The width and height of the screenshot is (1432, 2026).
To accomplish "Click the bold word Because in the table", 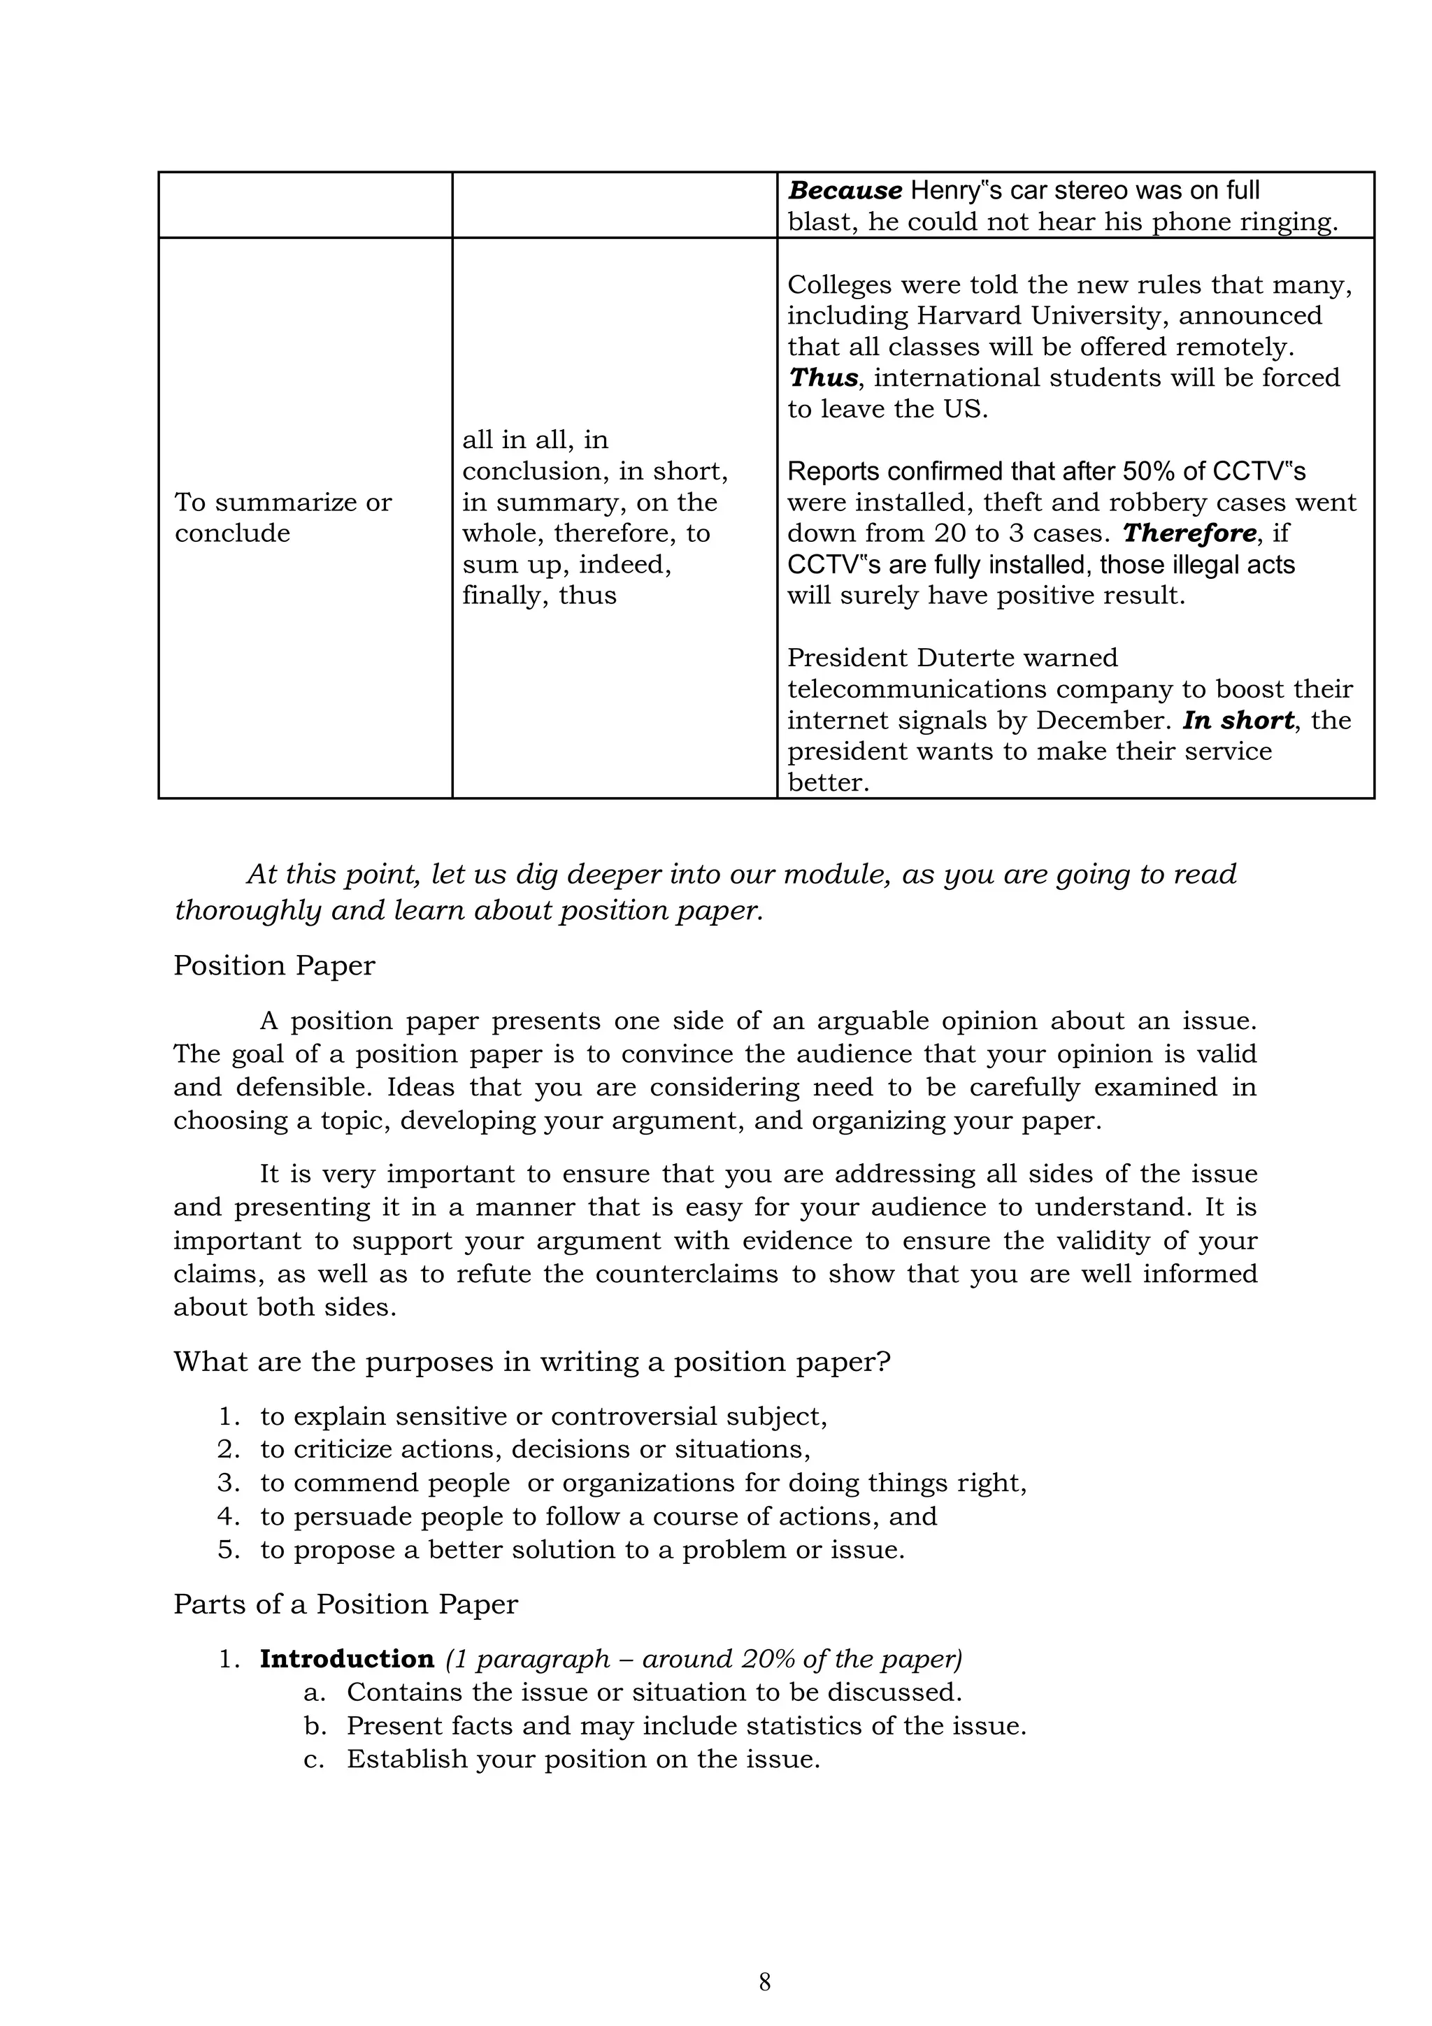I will [845, 191].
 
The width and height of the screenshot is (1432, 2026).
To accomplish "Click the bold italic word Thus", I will [822, 378].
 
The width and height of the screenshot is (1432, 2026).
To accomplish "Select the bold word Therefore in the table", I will [1189, 533].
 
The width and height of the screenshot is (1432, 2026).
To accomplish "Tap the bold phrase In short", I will [1237, 720].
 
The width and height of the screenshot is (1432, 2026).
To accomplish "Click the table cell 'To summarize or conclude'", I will [282, 517].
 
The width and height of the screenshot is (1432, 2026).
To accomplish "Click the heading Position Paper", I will [274, 965].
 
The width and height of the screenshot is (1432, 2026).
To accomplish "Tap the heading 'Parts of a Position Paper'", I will [345, 1604].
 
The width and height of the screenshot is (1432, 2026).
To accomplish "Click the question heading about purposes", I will [532, 1362].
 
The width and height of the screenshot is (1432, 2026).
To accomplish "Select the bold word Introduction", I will [347, 1659].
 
